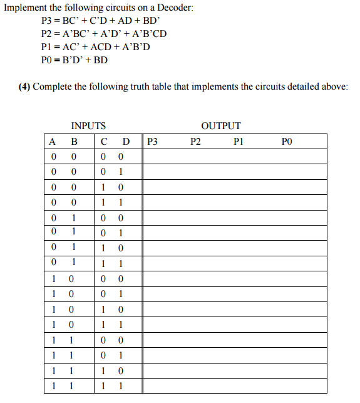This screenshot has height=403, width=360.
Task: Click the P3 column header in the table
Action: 152,142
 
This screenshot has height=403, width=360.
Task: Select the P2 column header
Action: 195,142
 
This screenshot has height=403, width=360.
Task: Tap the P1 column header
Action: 239,142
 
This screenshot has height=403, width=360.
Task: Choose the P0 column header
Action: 287,142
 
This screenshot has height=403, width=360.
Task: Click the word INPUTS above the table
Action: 88,125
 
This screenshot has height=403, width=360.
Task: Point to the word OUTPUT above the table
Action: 221,125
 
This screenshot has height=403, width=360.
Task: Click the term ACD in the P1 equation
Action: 103,47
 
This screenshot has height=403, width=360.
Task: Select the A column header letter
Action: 53,142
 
